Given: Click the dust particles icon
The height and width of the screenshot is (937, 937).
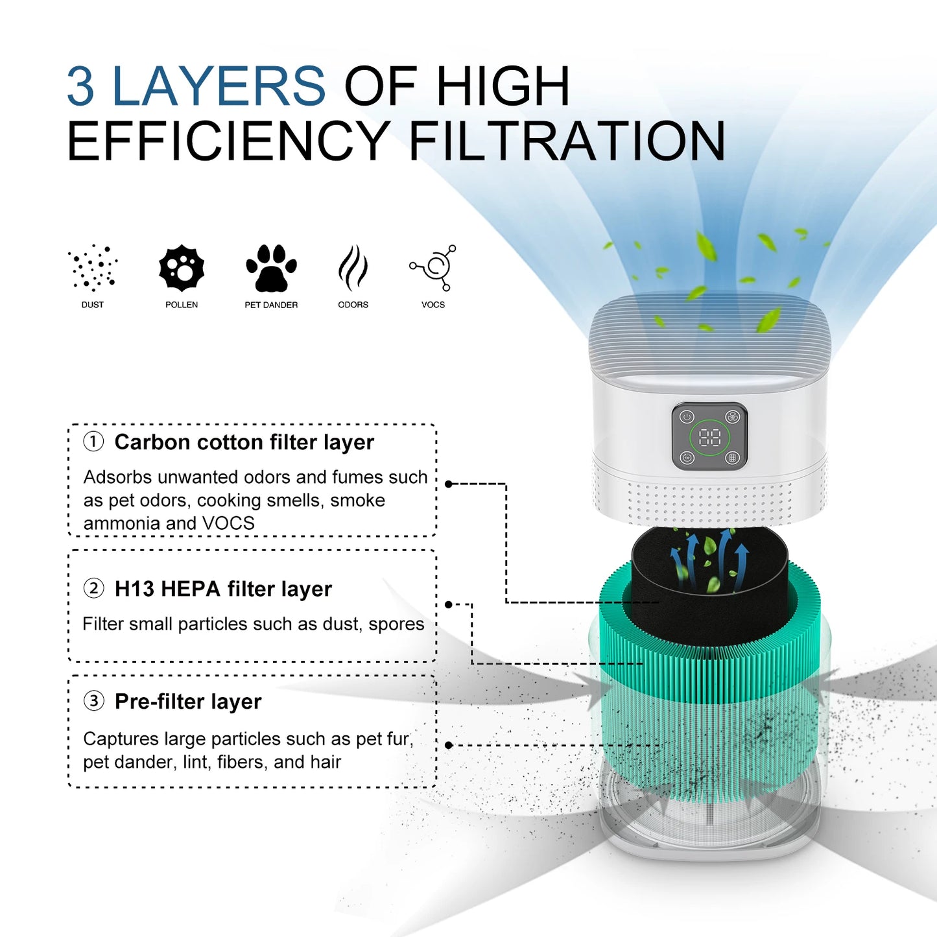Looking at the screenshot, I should point(93,267).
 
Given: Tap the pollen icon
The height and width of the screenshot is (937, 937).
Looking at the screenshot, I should point(182,268).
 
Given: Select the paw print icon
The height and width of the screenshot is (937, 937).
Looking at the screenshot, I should point(271,268).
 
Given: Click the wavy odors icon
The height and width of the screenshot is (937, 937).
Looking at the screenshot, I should point(353,268).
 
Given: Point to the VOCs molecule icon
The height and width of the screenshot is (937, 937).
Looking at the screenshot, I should point(434,267).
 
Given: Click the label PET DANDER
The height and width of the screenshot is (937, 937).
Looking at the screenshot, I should point(271,305).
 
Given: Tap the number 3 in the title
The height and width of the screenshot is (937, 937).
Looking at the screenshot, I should point(80,86).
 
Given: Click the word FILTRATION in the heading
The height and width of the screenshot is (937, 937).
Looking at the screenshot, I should point(567,141).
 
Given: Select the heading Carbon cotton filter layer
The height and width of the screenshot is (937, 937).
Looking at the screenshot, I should point(244,442).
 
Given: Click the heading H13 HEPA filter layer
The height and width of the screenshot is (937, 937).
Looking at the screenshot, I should point(223,589).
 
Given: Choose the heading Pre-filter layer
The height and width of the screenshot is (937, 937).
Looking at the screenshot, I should point(188,702).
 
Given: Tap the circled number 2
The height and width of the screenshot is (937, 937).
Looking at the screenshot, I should point(93,588).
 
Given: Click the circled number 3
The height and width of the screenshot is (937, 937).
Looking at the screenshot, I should point(93,701).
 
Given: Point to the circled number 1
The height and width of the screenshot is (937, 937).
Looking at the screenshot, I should point(93,442).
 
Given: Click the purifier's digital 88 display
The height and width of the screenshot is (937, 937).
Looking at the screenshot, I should point(709,438).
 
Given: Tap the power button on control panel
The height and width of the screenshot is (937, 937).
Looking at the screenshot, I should point(687,417).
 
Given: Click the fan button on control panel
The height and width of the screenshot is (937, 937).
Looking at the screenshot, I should point(733,417).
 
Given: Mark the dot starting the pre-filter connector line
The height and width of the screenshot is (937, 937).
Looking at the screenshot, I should point(449,746).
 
